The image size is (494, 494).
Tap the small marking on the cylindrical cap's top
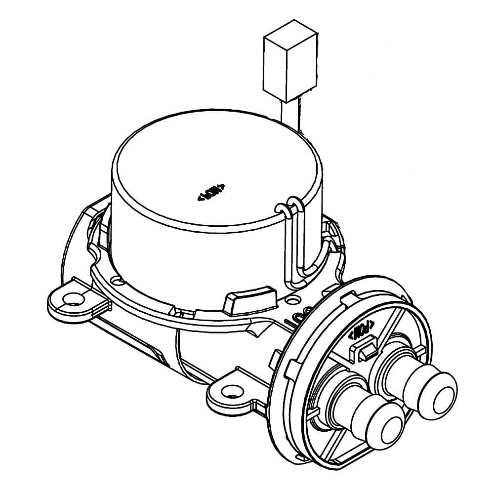pyautogui.click(x=211, y=192)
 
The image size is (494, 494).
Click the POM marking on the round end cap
pyautogui.click(x=362, y=329)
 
